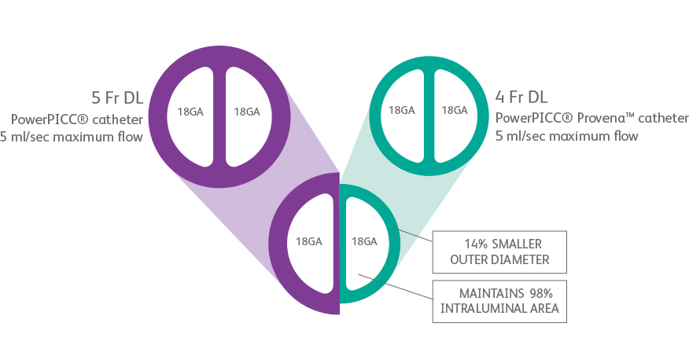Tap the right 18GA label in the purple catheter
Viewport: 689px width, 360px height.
point(246,112)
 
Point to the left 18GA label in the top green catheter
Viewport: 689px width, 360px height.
point(401,110)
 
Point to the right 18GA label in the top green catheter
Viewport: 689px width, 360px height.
point(454,110)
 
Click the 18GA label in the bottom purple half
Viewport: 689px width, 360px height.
point(308,241)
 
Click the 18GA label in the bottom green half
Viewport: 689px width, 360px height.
point(363,241)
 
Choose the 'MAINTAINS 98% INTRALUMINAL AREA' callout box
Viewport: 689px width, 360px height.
point(500,299)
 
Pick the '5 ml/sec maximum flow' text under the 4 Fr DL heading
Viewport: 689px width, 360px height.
point(566,136)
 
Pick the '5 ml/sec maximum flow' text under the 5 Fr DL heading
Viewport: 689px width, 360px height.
point(72,137)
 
